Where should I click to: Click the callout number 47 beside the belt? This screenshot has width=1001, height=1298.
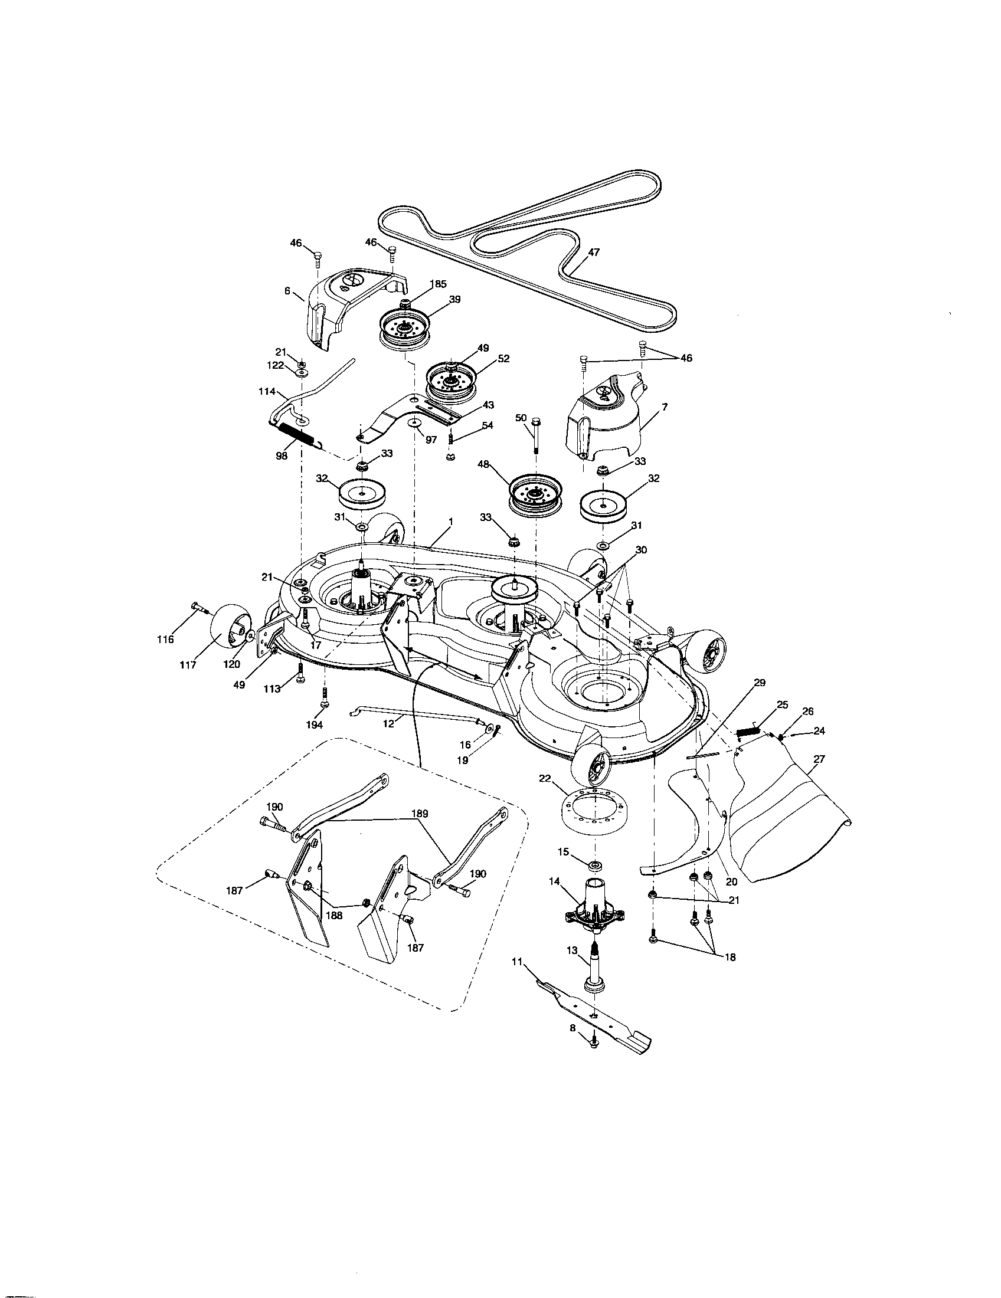(x=593, y=252)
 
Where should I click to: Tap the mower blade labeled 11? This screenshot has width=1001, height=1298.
(x=594, y=1012)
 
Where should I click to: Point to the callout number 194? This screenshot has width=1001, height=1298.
(x=315, y=725)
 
